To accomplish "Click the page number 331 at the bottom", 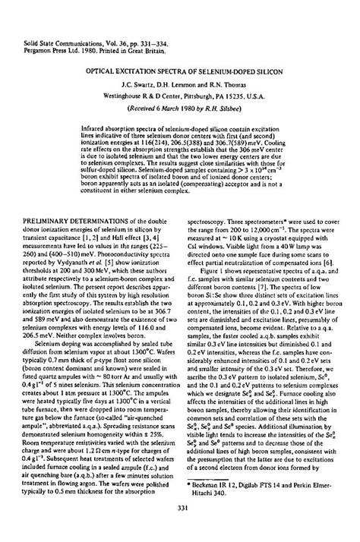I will click(x=180, y=509).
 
